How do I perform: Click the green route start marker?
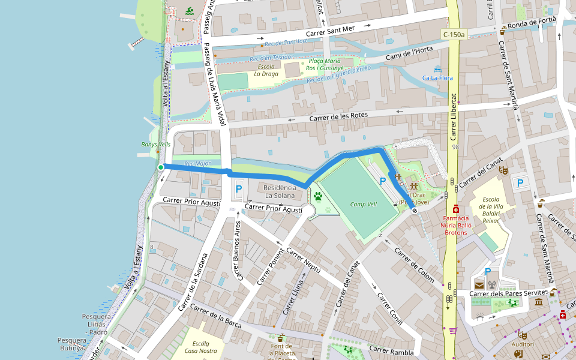click(161, 168)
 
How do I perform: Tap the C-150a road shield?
click(454, 35)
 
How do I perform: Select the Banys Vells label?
click(156, 145)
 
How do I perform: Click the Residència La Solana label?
click(280, 191)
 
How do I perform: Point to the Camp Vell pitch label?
click(363, 204)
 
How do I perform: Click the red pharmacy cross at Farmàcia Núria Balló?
click(456, 209)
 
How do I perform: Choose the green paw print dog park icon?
click(317, 196)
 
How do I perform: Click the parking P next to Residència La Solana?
click(238, 189)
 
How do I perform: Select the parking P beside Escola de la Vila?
click(520, 183)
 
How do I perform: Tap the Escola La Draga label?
click(265, 70)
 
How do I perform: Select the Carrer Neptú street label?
click(304, 262)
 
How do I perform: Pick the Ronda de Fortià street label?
click(532, 23)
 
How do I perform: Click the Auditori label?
click(523, 344)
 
